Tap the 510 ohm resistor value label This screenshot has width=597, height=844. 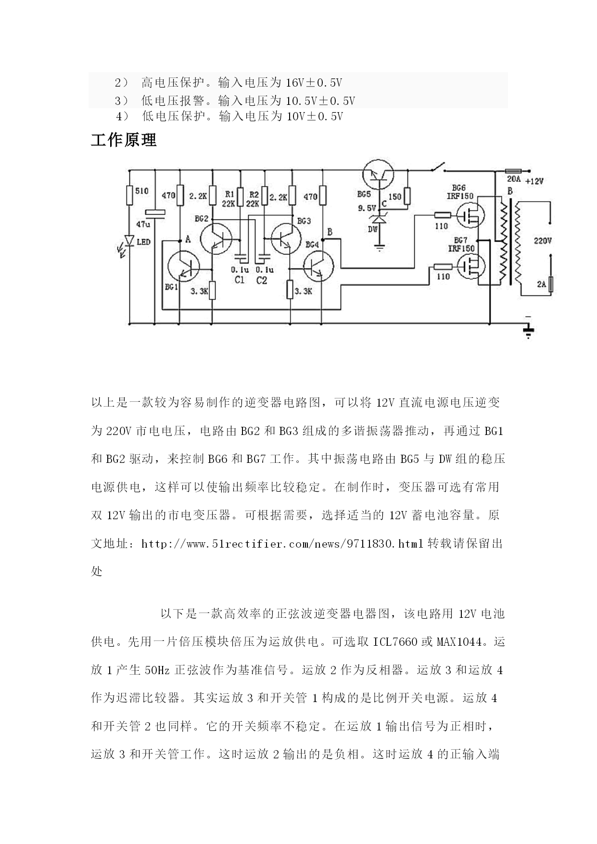[142, 191]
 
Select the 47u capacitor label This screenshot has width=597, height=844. [143, 225]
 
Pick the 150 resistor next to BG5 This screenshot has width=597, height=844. [407, 196]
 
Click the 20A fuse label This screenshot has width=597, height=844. [514, 179]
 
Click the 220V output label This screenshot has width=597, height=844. [543, 241]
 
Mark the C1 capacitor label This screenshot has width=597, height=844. [240, 280]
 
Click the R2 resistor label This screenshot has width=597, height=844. [254, 194]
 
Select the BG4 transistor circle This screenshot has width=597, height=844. [318, 266]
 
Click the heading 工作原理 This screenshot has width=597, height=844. [124, 140]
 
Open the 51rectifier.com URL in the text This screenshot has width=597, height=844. [283, 544]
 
